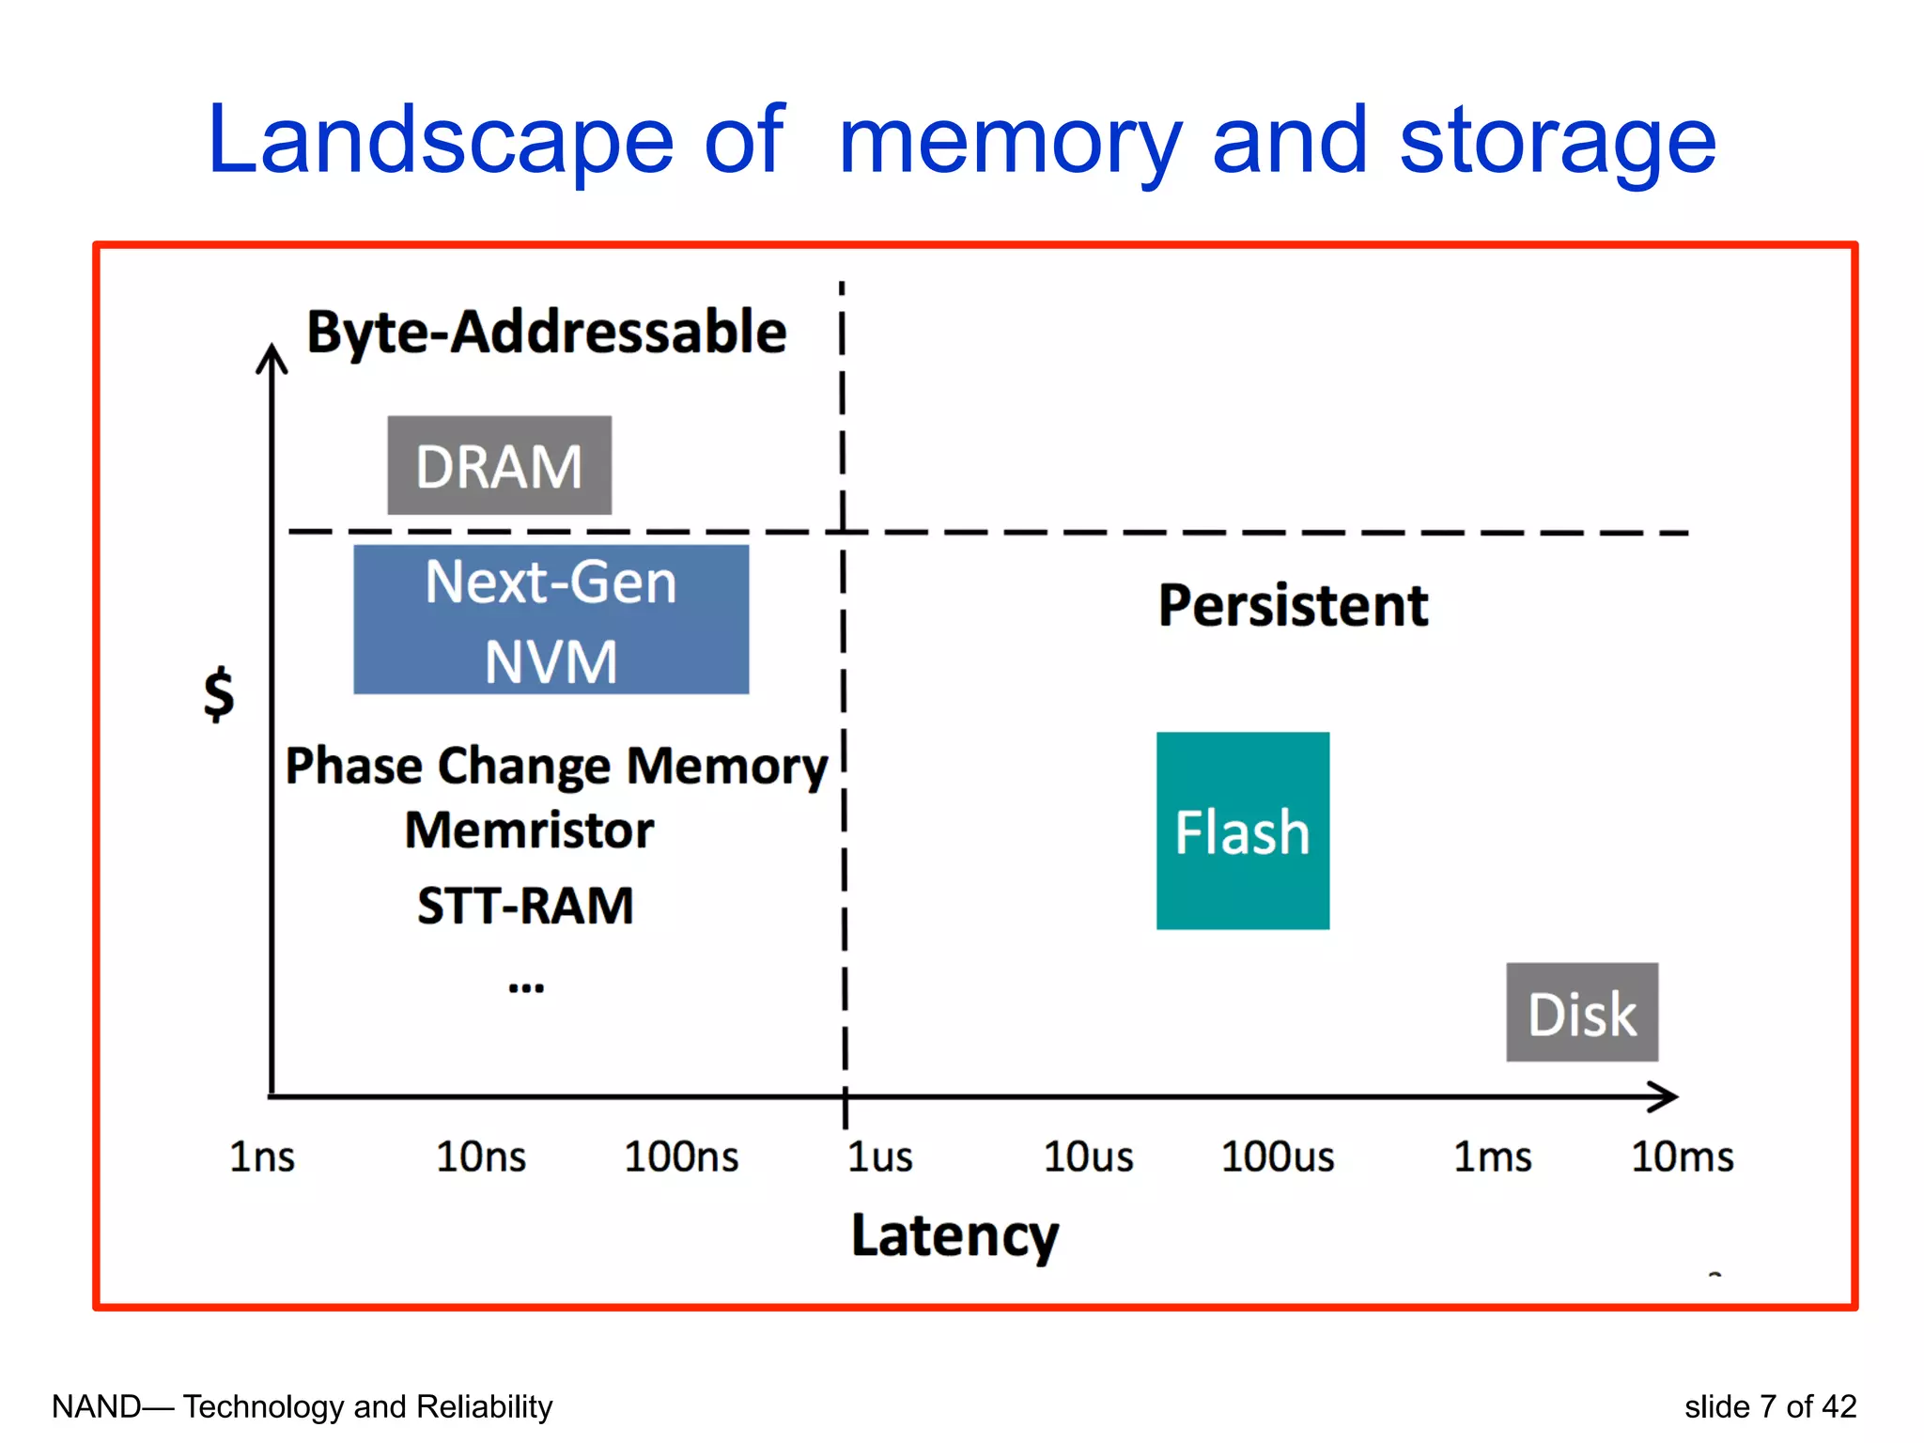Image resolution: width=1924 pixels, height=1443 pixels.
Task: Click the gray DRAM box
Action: point(499,465)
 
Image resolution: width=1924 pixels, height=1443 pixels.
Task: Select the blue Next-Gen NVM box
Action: point(551,619)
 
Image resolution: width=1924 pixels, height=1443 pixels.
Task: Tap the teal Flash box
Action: point(1242,830)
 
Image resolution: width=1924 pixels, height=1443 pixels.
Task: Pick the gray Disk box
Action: point(1582,1012)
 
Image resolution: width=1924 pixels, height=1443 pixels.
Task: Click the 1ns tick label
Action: point(262,1156)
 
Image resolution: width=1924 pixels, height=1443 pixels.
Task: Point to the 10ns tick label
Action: point(481,1156)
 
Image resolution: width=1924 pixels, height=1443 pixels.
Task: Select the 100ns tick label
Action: point(682,1156)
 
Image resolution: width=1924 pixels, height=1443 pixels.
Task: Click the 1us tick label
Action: point(879,1156)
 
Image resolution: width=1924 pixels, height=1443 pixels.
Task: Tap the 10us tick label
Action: point(1089,1156)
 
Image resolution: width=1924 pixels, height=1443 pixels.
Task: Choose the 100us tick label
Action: point(1278,1156)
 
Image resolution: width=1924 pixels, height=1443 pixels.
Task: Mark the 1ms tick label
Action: point(1493,1156)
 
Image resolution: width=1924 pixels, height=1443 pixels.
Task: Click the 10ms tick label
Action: point(1683,1156)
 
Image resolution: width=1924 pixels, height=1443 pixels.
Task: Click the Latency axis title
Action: point(954,1235)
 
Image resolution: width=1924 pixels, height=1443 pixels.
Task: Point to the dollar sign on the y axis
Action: point(219,693)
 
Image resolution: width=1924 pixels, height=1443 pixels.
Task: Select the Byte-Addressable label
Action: point(547,332)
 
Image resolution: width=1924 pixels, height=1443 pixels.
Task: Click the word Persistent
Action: point(1293,605)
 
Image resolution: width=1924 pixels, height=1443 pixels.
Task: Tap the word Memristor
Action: point(529,830)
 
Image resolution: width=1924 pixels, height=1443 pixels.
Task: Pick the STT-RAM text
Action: point(525,906)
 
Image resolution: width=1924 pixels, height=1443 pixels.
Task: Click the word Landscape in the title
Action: point(440,141)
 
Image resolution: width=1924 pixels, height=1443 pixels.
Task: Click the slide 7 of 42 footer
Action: point(1770,1406)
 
